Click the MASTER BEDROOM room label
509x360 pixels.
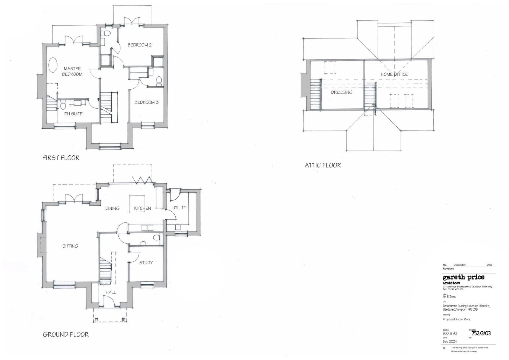[72, 71]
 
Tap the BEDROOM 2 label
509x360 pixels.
[139, 45]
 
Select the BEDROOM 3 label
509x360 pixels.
[146, 102]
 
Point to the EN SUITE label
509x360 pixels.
[73, 114]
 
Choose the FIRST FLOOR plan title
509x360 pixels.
[61, 158]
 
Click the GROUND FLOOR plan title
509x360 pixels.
[66, 334]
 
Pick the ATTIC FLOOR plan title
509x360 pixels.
[323, 165]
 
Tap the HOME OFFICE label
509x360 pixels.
[394, 74]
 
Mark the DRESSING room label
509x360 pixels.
[341, 92]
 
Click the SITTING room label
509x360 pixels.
[70, 246]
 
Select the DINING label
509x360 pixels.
[112, 208]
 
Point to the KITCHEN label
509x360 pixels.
[142, 208]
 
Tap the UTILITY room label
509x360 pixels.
[179, 208]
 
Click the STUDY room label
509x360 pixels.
[146, 263]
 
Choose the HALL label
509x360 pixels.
[110, 292]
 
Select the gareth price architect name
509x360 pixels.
[464, 277]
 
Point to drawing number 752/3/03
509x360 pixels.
[481, 333]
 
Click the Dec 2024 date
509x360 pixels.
[450, 341]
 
